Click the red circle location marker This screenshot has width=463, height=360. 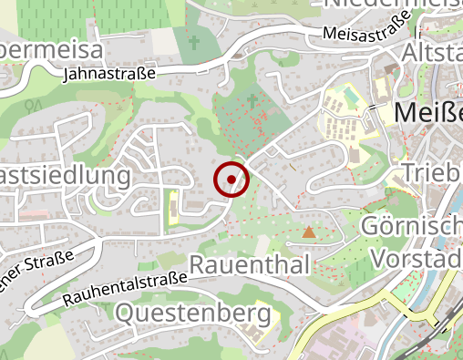click(x=231, y=180)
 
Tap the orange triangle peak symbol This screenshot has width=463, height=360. click(x=309, y=232)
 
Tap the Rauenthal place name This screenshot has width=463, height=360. click(x=250, y=265)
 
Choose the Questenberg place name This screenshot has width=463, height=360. click(x=194, y=314)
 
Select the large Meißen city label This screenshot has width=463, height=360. click(x=428, y=113)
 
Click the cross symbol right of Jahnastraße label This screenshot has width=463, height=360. click(x=193, y=42)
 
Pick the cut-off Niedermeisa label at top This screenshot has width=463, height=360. click(x=392, y=4)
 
